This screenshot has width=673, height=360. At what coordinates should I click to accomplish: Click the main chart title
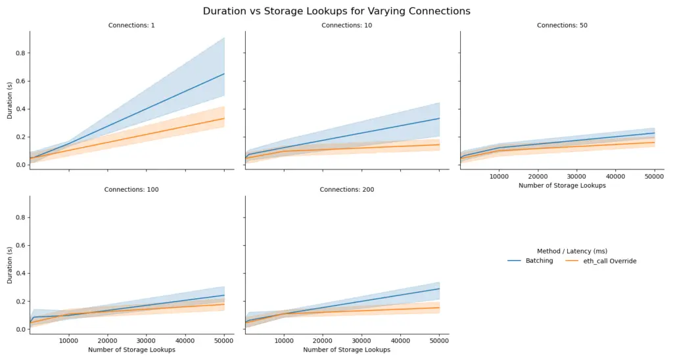pyautogui.click(x=336, y=11)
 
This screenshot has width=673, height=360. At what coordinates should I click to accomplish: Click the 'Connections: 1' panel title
pyautogui.click(x=131, y=26)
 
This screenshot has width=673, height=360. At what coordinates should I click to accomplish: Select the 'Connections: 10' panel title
pyautogui.click(x=346, y=26)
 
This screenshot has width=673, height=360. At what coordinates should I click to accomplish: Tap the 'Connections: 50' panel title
pyautogui.click(x=562, y=26)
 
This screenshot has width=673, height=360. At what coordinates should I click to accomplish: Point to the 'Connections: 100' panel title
pyautogui.click(x=131, y=190)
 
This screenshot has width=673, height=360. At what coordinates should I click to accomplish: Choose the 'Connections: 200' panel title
pyautogui.click(x=346, y=190)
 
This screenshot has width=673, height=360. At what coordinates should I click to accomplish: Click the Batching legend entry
pyautogui.click(x=531, y=261)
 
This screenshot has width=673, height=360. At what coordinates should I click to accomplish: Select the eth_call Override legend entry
pyautogui.click(x=602, y=261)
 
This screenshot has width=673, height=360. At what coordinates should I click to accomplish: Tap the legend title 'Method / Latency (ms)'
pyautogui.click(x=571, y=251)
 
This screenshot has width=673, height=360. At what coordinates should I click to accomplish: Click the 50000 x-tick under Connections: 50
pyautogui.click(x=654, y=177)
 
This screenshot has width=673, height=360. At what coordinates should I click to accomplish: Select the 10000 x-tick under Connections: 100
pyautogui.click(x=68, y=341)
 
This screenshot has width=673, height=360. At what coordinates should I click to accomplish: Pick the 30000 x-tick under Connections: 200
pyautogui.click(x=361, y=341)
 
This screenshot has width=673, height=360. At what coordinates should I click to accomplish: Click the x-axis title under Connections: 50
pyautogui.click(x=562, y=185)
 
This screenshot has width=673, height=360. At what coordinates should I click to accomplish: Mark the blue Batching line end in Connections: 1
pyautogui.click(x=224, y=74)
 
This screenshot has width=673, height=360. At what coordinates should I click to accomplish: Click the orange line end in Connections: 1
pyautogui.click(x=224, y=118)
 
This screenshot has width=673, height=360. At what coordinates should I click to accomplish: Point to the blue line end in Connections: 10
pyautogui.click(x=439, y=118)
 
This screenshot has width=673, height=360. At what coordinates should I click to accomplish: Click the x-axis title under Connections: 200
pyautogui.click(x=346, y=349)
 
